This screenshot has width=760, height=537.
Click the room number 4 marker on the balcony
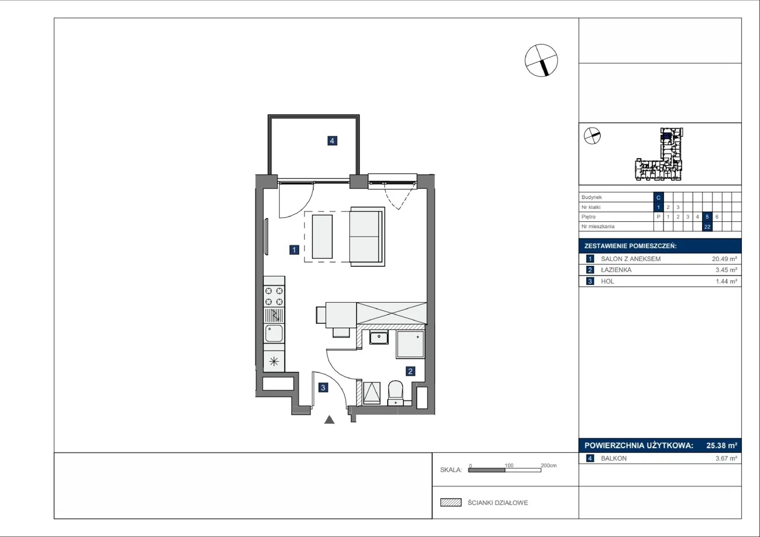pos(332,141)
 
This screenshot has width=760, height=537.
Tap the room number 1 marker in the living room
pos(294,250)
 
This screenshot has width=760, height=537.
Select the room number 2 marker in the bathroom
pos(410,371)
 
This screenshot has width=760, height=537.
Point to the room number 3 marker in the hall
pos(323,387)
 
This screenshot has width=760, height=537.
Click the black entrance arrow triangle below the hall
pos(329,420)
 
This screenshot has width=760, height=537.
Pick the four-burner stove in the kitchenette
pos(274,296)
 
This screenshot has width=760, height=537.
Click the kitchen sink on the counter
pos(274,333)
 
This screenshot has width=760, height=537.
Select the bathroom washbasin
pos(379,338)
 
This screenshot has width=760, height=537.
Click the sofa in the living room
pos(367,236)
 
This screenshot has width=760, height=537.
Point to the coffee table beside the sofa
pos(322,236)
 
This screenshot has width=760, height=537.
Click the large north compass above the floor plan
pos(541,60)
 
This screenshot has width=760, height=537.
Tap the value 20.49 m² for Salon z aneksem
pos(724,259)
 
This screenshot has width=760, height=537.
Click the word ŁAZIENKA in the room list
pos(616,270)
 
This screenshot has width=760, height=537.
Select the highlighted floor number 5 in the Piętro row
pos(707,217)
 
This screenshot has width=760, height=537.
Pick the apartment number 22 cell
pos(707,226)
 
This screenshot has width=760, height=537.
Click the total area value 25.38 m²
pos(722,445)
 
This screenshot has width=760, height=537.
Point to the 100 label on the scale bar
pos(509,465)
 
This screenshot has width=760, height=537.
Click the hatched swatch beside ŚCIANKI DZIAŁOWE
pos(451,502)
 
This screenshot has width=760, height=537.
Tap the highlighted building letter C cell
pos(658,198)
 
